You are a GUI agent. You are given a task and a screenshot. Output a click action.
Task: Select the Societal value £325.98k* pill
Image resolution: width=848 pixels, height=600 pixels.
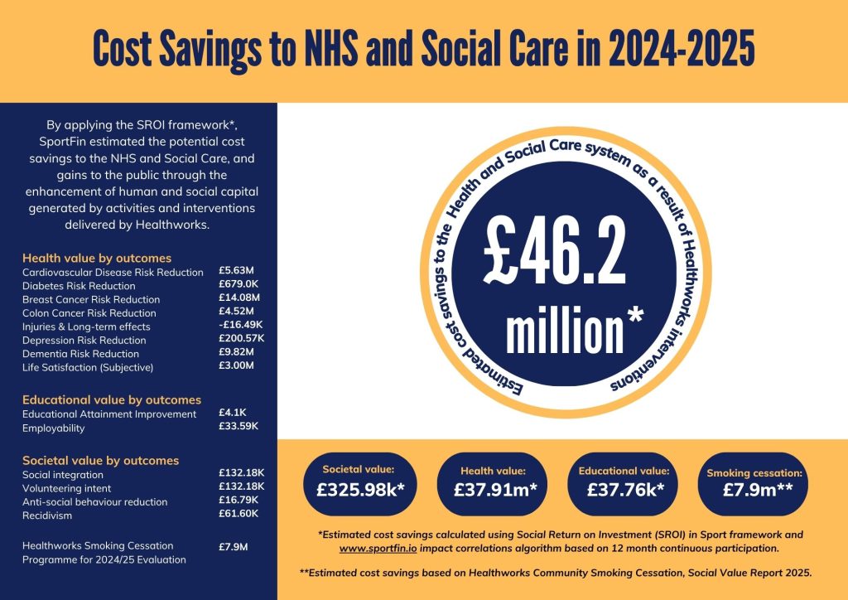[360, 481]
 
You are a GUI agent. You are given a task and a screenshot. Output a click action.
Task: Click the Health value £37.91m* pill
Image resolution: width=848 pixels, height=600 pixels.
[495, 481]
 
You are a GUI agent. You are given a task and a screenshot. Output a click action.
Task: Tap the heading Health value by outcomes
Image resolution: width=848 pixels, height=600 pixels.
[97, 258]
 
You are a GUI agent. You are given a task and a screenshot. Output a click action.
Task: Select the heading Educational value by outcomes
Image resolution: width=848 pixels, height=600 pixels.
[112, 399]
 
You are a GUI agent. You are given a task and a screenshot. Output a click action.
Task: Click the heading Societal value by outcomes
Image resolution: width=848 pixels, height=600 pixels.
[100, 460]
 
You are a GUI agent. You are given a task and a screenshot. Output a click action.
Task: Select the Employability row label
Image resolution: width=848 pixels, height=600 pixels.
[54, 428]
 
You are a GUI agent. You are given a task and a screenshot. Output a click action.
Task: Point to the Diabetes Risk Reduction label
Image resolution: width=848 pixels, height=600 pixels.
[79, 286]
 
